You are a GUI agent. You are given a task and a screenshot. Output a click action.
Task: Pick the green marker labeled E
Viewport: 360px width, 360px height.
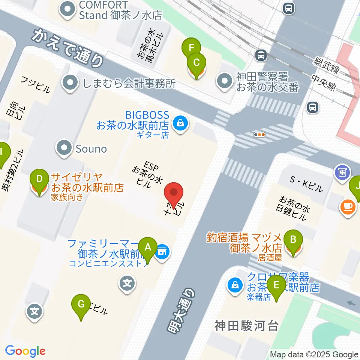277,285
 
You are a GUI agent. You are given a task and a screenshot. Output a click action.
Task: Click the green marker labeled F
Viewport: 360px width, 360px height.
191,48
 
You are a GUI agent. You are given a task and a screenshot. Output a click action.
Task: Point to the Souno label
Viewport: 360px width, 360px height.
91,149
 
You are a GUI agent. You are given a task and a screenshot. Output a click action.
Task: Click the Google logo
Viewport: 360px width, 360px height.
25,351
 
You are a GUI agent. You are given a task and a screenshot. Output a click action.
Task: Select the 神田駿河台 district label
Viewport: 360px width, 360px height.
246,325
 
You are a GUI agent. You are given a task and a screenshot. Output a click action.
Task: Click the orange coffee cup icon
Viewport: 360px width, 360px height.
347,206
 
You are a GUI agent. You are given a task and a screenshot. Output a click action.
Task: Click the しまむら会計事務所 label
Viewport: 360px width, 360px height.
127,83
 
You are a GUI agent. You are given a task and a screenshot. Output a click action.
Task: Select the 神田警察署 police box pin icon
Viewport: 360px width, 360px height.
225,81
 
